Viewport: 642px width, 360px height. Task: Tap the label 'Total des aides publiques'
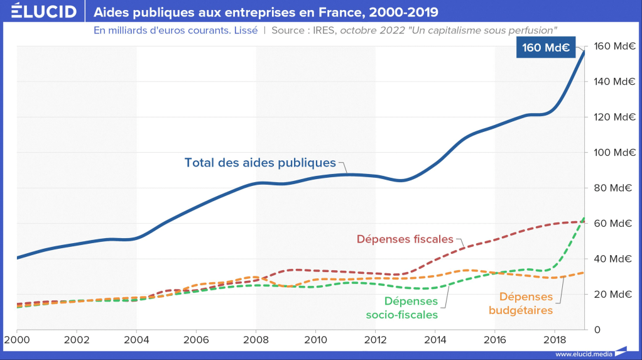pos(260,162)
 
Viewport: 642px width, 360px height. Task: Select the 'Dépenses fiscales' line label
pos(405,239)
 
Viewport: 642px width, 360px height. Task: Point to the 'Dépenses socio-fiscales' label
pos(411,308)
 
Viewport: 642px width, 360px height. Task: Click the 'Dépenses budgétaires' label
pos(526,303)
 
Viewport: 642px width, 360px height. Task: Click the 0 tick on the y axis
pos(597,329)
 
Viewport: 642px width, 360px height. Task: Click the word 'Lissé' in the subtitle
pos(245,30)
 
